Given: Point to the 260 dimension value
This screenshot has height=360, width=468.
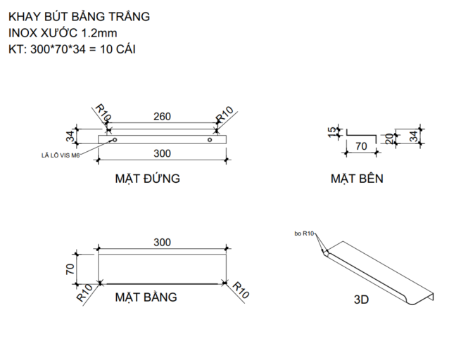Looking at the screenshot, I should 162,117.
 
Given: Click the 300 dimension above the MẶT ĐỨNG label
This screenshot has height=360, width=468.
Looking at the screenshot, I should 162,153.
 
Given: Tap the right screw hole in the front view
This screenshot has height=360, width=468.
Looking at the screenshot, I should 209,139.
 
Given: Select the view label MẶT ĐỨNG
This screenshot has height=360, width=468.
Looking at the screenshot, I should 147,179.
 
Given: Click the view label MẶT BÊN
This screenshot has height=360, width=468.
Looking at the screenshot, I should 357,179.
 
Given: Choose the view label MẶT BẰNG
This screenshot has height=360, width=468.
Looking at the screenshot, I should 146,297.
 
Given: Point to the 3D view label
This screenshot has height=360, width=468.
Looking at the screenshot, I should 362,299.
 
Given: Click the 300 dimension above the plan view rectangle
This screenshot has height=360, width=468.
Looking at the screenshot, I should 162,242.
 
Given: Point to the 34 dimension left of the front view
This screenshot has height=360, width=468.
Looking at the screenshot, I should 70,135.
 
